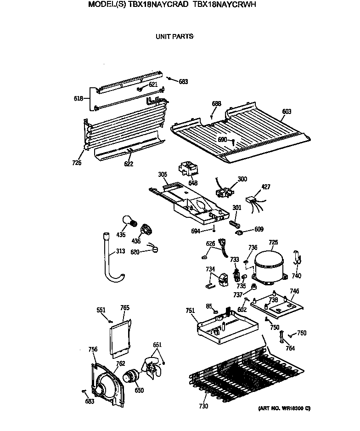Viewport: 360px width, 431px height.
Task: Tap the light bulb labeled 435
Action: [129, 222]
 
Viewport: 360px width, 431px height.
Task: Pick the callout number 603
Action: [287, 111]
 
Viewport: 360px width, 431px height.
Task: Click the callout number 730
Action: [203, 406]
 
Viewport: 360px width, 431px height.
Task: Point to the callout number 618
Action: [79, 98]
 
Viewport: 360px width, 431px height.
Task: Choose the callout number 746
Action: [294, 291]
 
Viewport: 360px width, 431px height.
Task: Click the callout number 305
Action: [163, 175]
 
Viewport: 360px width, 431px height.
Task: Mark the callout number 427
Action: [266, 187]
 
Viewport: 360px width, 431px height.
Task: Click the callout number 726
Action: [77, 163]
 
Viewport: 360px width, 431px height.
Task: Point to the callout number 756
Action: [93, 350]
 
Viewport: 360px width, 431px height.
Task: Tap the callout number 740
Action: [297, 276]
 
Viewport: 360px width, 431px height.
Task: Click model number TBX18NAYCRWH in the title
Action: [224, 5]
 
